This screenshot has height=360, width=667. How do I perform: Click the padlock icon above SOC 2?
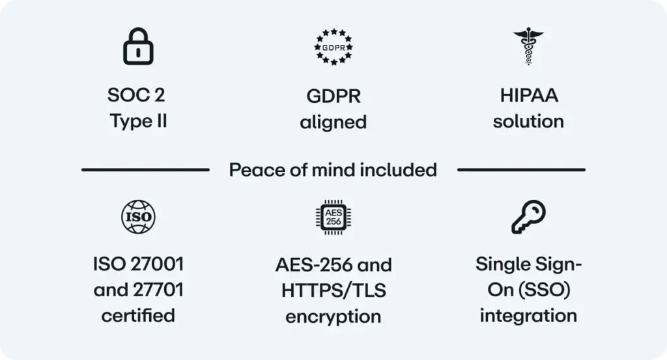tap(138, 47)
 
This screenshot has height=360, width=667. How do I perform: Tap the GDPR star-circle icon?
tap(333, 47)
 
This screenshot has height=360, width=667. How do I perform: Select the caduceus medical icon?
tap(528, 46)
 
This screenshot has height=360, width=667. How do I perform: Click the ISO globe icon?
tap(138, 217)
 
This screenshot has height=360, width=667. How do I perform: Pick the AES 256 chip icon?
tap(333, 217)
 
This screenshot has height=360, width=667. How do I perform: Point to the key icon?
tap(528, 217)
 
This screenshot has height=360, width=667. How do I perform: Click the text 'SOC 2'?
tap(136, 95)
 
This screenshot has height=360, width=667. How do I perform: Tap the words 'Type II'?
tap(138, 121)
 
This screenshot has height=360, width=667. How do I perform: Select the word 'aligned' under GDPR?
tap(333, 122)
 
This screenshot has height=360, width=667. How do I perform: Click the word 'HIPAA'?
tap(529, 95)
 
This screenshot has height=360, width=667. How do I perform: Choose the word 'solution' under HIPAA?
tap(528, 122)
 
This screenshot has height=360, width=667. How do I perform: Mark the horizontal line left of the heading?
tap(145, 170)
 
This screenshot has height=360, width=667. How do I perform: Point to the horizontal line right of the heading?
tap(522, 170)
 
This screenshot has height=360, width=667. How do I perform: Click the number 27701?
tap(158, 290)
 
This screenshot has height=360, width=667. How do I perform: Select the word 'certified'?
tap(138, 316)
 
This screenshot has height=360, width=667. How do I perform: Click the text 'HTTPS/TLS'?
tap(333, 291)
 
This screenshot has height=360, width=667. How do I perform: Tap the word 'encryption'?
tap(333, 317)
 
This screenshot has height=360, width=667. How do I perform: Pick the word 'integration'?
tap(528, 316)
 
